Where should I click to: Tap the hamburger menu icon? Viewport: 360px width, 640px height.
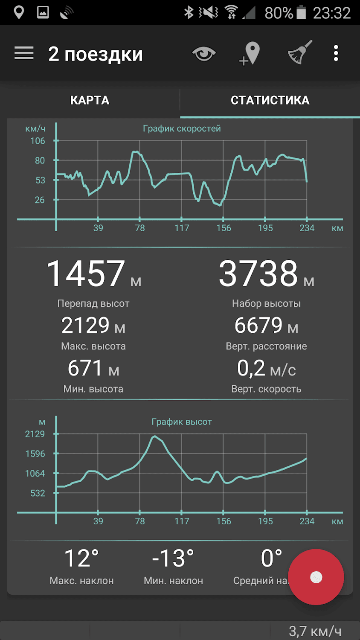pos(24,53)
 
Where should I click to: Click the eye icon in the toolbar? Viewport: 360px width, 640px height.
pos(204,54)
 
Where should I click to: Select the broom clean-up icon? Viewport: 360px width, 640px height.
pos(300,53)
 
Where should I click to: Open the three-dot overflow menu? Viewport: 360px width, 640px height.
pos(336,53)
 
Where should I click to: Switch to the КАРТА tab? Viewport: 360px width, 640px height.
pos(90,100)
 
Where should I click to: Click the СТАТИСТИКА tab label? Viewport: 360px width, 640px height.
pos(270,100)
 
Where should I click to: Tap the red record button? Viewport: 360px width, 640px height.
pos(316,577)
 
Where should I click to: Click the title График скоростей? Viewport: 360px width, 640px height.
pos(182,128)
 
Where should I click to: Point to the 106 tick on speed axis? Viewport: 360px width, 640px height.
pos(38,141)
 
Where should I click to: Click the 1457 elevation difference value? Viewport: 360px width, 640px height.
pos(85,273)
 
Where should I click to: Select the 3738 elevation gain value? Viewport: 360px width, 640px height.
pos(258,273)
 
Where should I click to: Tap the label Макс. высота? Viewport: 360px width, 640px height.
pos(93,346)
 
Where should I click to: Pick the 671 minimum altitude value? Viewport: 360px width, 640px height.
pos(85,368)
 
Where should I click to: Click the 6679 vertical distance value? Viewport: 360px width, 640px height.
pos(258,326)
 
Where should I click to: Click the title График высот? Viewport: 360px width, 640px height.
pos(182,422)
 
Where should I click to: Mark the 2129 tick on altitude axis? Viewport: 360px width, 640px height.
pos(35,434)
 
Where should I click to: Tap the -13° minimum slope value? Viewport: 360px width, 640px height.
pos(173,558)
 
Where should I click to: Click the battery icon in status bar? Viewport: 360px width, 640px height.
pos(301,12)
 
